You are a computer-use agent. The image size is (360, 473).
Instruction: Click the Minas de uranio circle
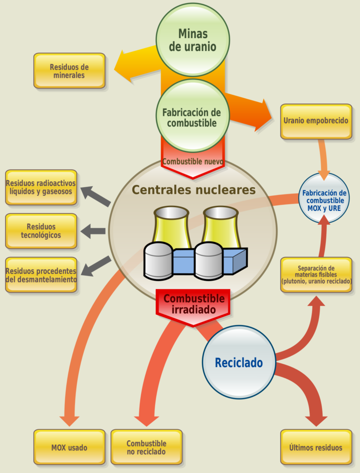[192, 40]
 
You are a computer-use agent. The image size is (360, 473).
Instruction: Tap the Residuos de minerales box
[69, 71]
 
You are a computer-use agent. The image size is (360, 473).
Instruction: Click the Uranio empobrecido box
[316, 121]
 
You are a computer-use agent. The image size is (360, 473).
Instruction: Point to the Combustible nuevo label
[192, 162]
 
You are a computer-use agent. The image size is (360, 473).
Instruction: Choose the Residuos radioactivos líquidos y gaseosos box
[41, 187]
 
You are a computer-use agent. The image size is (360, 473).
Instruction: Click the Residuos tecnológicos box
[41, 231]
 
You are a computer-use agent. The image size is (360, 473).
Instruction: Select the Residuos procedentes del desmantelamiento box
[41, 275]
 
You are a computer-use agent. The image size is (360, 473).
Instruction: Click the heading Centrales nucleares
[193, 190]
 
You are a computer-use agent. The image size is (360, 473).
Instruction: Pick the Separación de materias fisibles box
[316, 275]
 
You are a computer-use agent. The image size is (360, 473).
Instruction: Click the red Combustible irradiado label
[193, 305]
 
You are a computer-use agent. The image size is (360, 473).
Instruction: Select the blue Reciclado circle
[239, 362]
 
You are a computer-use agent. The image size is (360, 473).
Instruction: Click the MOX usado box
[69, 447]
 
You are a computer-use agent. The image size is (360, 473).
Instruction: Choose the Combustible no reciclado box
[146, 447]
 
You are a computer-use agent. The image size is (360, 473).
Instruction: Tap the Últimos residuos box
[316, 447]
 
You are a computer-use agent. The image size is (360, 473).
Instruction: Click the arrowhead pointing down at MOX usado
[70, 420]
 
